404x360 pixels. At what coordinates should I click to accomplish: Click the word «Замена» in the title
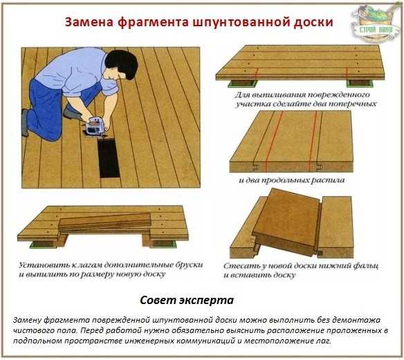(89, 22)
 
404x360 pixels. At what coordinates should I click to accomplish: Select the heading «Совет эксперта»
(187, 300)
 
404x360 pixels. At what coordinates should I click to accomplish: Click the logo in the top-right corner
(375, 23)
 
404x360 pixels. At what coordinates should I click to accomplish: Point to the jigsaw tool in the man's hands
(95, 126)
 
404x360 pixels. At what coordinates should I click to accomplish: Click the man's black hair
(122, 64)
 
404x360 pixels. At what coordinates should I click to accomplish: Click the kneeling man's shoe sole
(24, 122)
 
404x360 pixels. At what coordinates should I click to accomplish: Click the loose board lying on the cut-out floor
(104, 222)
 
